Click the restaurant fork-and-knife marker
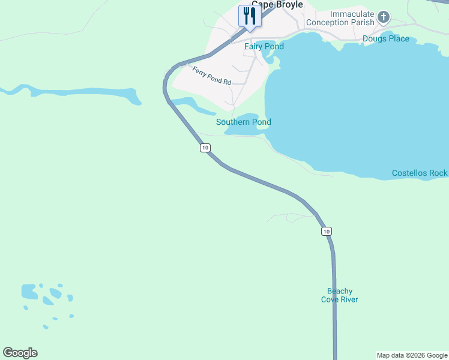[x=249, y=15]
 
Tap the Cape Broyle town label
[x=277, y=4]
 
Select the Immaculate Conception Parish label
[x=340, y=18]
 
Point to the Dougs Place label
[x=386, y=39]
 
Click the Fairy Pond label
[x=264, y=46]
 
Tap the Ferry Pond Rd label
[x=212, y=76]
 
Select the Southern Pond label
[x=244, y=122]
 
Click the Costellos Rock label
[x=420, y=173]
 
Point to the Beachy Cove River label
[x=340, y=295]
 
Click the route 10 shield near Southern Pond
[x=205, y=148]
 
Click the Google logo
[x=20, y=353]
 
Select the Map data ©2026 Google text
[x=412, y=355]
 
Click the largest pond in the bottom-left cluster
[x=29, y=292]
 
